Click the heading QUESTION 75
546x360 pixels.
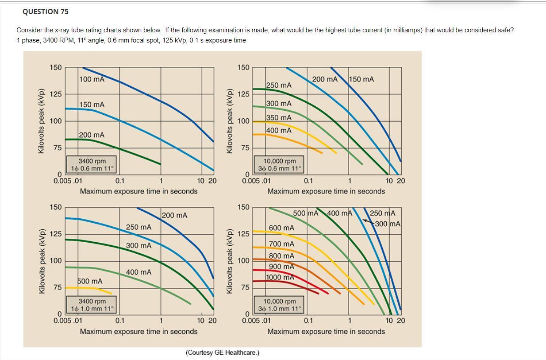point(46,12)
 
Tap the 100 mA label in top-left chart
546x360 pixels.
point(92,79)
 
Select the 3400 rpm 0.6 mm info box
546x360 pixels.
point(92,165)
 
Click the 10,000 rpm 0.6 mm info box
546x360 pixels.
point(280,165)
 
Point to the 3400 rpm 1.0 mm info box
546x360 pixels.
point(92,305)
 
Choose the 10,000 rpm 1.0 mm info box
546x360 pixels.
point(280,305)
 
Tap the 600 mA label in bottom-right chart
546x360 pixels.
point(281,228)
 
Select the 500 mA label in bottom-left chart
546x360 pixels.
point(90,281)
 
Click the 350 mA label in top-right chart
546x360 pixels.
point(279,118)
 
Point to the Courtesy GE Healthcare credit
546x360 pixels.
point(223,352)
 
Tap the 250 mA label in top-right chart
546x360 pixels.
point(279,85)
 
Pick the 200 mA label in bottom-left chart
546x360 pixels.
point(174,216)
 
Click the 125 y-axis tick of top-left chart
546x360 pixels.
point(56,94)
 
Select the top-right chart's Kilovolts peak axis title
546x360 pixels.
point(229,121)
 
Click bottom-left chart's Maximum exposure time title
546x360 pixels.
point(138,331)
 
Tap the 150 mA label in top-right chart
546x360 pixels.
point(361,79)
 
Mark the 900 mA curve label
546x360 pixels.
point(281,267)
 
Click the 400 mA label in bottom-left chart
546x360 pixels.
point(138,272)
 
